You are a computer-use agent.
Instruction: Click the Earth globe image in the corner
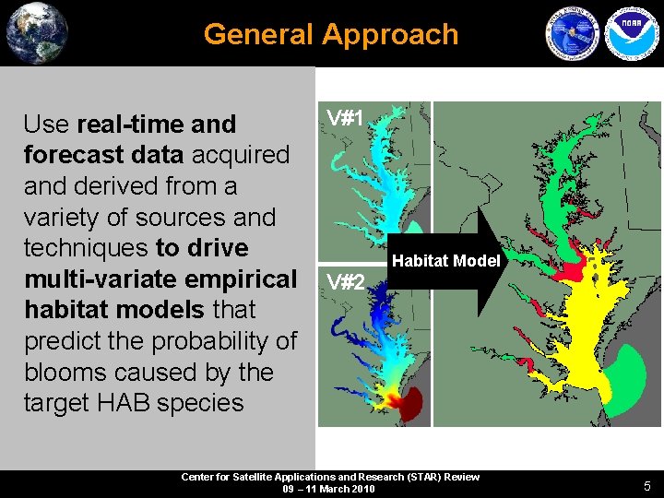point(37,33)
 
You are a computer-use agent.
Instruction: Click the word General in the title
point(259,34)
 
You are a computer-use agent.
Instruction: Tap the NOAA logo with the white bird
point(628,33)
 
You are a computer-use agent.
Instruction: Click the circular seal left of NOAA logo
point(573,34)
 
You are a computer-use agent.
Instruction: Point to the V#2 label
point(346,281)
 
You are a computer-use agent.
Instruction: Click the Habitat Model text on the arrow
point(445,261)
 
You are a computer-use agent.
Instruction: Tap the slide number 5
point(647,485)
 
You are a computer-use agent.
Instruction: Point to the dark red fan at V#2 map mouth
point(408,403)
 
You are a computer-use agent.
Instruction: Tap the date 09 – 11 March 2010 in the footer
point(329,489)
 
